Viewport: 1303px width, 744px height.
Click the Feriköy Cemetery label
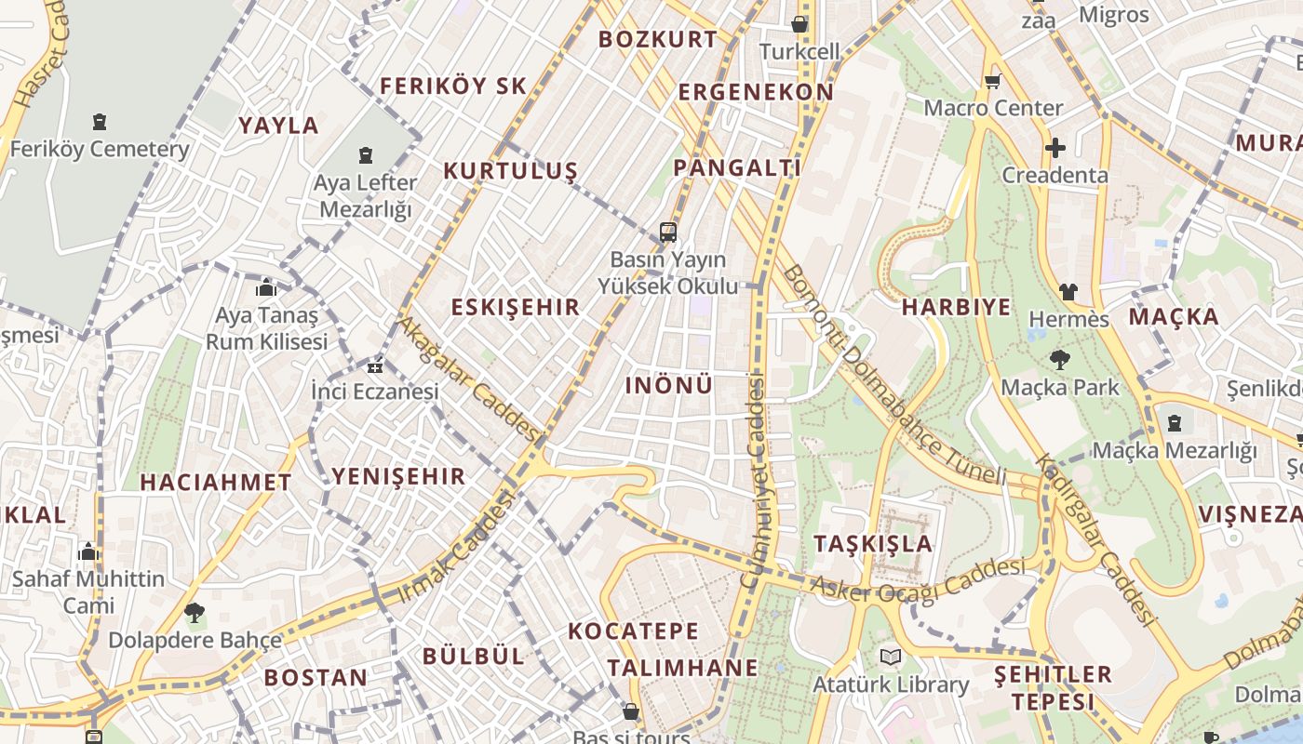(100, 149)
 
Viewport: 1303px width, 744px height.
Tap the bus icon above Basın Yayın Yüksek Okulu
(667, 232)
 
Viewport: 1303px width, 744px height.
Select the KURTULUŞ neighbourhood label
(510, 171)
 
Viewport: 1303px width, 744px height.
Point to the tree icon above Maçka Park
(1059, 360)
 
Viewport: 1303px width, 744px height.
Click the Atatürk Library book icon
(891, 658)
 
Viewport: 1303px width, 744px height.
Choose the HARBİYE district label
(956, 308)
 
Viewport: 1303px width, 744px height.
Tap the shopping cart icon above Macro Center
(992, 82)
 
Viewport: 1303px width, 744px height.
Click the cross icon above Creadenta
(1054, 148)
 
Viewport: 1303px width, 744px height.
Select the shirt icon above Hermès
(1068, 292)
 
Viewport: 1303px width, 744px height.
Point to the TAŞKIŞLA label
(873, 544)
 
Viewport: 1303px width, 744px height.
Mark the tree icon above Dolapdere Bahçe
(195, 613)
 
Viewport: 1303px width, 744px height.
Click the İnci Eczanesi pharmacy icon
(375, 366)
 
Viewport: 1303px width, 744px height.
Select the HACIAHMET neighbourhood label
(216, 483)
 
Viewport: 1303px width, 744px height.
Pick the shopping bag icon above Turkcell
(799, 24)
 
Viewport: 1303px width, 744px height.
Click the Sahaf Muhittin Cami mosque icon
(88, 551)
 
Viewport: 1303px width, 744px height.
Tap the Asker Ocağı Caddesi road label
(918, 578)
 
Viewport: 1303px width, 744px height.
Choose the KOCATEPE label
(633, 631)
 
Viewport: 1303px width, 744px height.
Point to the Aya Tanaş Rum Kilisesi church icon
(266, 287)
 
